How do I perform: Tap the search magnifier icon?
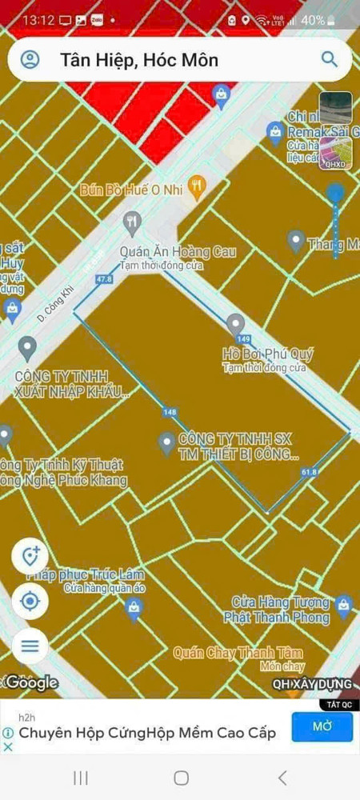329,59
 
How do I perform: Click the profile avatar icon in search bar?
30,60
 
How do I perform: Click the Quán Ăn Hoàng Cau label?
178,252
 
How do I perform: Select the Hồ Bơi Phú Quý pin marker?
235,324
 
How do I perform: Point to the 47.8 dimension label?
103,279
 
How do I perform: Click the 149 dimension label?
244,338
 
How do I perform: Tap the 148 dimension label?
169,412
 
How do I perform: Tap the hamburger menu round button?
30,646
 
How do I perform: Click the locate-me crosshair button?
30,601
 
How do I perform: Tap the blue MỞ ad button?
322,726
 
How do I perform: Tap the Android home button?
181,778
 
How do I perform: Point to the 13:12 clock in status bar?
38,19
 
